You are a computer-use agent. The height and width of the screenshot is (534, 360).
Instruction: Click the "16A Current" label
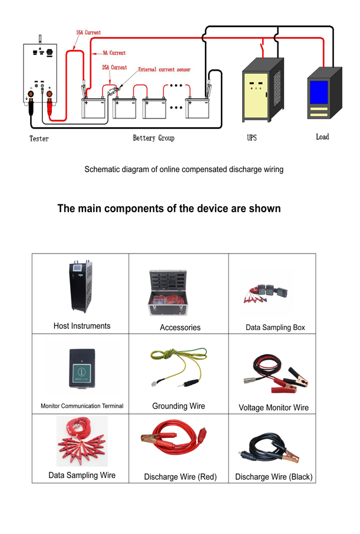point(88,32)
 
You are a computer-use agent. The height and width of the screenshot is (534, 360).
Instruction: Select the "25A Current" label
point(114,68)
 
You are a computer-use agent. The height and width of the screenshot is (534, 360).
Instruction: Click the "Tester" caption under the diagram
point(39,139)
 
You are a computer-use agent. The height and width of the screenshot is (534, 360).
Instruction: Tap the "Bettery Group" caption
point(153,138)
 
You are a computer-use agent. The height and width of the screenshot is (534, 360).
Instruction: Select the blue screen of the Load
point(319,92)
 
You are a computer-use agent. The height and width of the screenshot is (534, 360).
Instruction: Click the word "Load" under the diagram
point(322,137)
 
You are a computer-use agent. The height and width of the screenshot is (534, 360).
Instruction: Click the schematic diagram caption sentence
point(184,169)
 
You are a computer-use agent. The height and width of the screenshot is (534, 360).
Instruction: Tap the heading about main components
point(169,209)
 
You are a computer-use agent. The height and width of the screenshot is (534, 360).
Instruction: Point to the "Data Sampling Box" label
point(275,327)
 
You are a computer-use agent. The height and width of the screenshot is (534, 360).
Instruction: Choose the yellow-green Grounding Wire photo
point(178,367)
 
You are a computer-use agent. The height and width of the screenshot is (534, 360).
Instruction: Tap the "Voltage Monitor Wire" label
point(273,407)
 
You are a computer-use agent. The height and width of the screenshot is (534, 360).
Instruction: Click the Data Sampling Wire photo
point(82,443)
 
